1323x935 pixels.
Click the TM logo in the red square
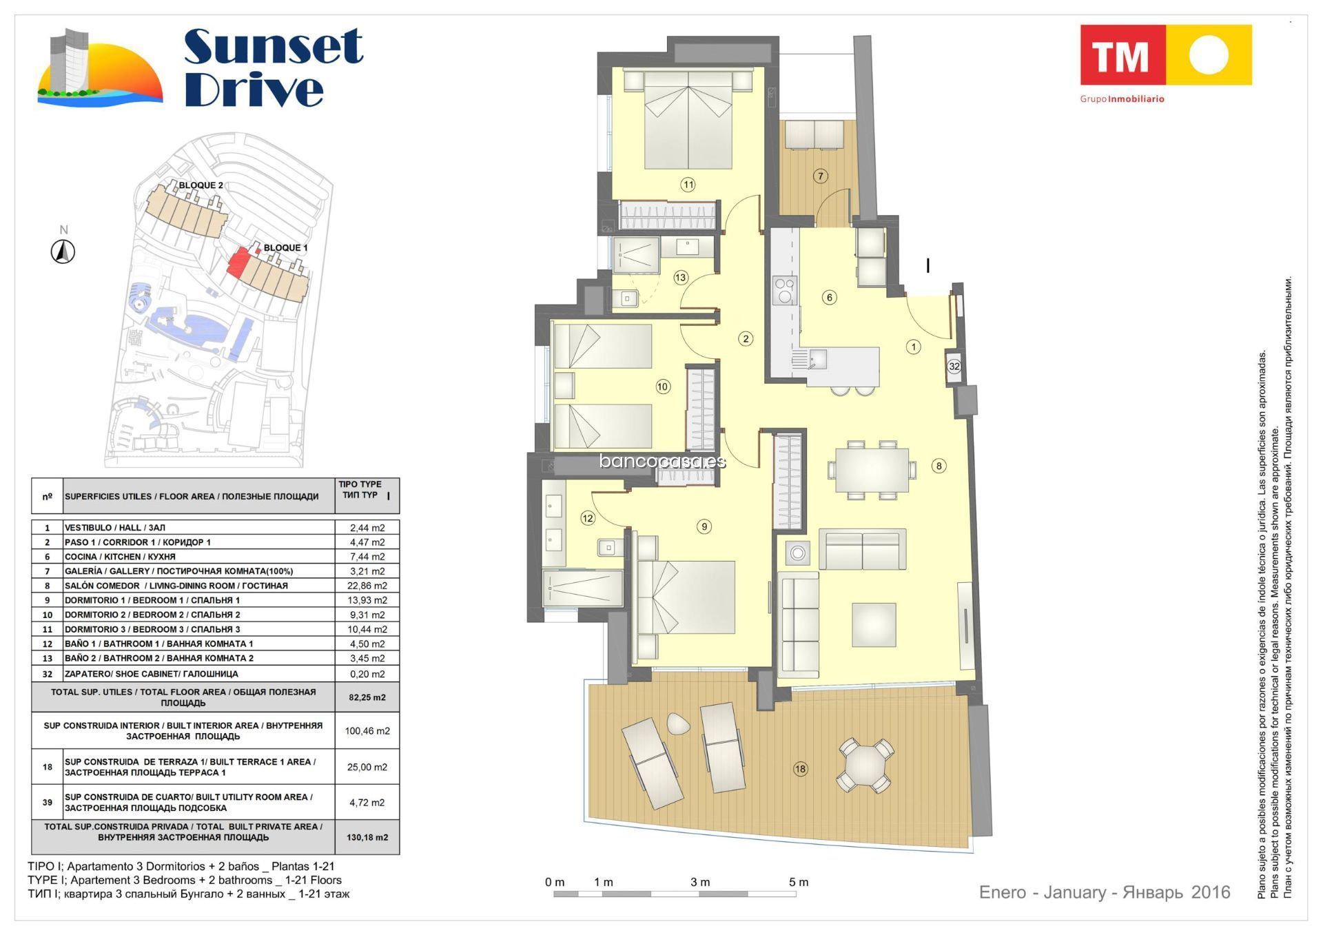pos(1122,55)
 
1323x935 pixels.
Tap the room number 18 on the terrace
pos(800,769)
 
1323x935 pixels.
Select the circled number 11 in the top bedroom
pos(688,184)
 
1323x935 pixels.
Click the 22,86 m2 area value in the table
pos(367,586)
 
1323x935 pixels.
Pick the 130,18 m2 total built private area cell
pos(367,837)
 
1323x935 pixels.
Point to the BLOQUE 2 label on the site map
pos(201,185)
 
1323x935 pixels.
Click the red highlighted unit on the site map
pos(240,263)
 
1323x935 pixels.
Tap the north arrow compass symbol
pos(63,251)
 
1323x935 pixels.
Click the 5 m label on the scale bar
pos(799,882)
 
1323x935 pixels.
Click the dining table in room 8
pos(872,470)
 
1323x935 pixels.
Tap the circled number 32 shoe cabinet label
pos(954,367)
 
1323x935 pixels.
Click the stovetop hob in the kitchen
pos(785,291)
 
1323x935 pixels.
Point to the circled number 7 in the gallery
pos(820,176)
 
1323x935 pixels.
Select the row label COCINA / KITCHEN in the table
pos(120,557)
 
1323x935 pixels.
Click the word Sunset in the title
pos(274,47)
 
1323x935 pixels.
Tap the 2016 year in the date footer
pos(1211,892)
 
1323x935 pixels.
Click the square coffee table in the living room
pos(874,625)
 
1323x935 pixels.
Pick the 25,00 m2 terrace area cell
pos(367,767)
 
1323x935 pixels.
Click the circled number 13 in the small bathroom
pos(681,278)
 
